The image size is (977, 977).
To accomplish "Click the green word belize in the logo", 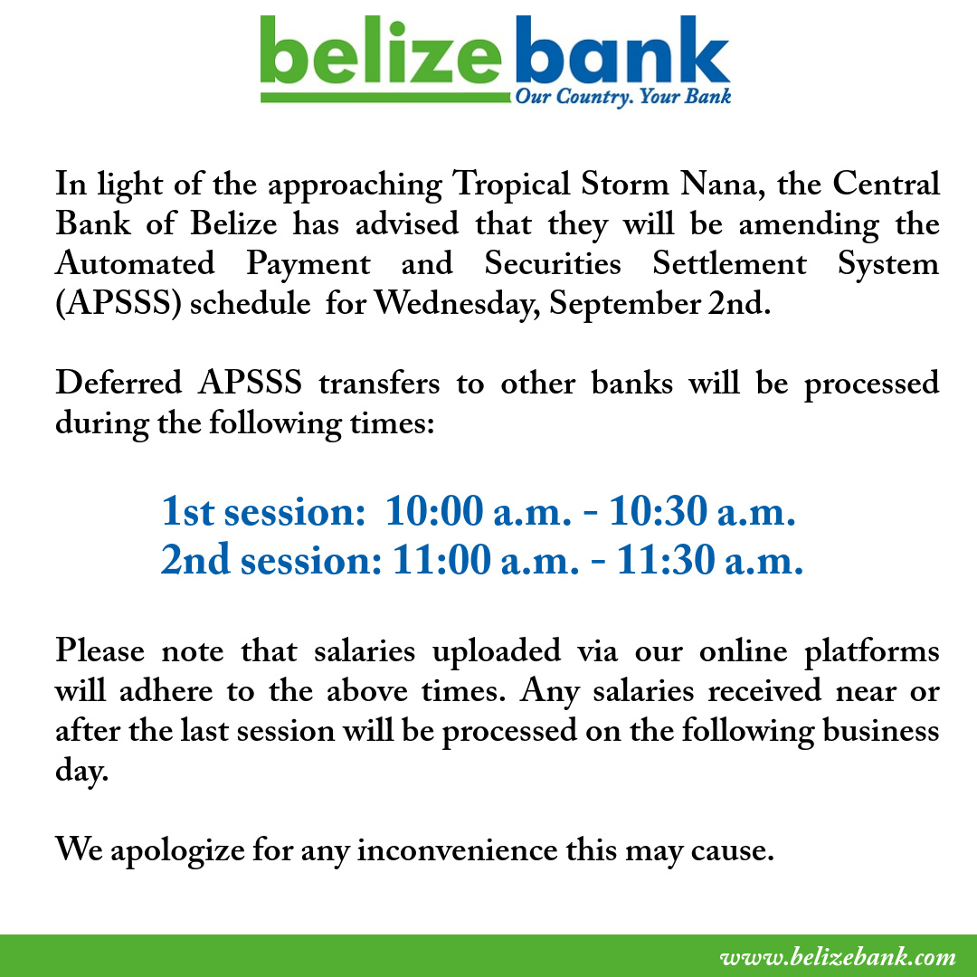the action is [x=381, y=51].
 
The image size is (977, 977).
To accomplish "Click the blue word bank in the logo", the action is [x=621, y=51].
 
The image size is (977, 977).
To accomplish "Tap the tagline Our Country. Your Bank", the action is [x=622, y=97].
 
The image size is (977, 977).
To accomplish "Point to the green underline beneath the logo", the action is [x=385, y=98].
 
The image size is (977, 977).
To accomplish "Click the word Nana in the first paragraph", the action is [x=722, y=185].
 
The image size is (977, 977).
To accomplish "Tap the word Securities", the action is [x=553, y=263].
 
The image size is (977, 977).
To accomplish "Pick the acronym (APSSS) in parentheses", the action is [x=119, y=304].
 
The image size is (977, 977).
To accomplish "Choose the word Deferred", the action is [x=119, y=383].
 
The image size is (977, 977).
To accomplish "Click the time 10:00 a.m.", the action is [x=478, y=511].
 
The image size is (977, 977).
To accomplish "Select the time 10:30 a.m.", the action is [x=702, y=511].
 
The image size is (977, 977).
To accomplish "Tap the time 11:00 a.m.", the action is [x=486, y=560].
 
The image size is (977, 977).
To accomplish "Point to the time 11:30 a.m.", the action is [x=710, y=560].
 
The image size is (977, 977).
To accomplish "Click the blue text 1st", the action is [x=187, y=511].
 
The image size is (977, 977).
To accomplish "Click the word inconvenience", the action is [x=458, y=850].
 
